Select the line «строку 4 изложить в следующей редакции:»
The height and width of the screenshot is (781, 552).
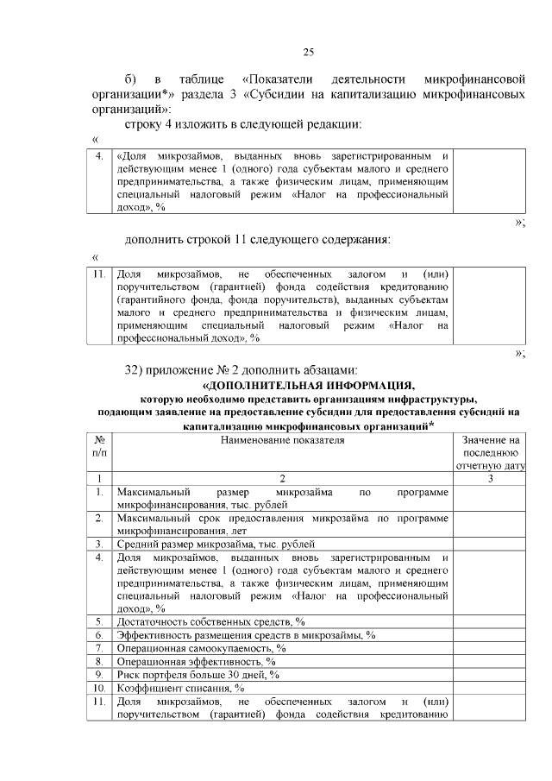(x=242, y=125)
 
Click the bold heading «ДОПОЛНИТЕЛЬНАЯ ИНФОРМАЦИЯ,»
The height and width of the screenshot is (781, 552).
(x=308, y=385)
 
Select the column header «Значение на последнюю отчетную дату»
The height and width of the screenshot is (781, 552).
(x=489, y=453)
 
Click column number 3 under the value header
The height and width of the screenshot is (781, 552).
(x=489, y=478)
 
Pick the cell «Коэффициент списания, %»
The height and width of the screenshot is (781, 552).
(x=180, y=689)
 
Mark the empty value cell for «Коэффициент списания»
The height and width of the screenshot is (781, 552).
(x=489, y=689)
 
